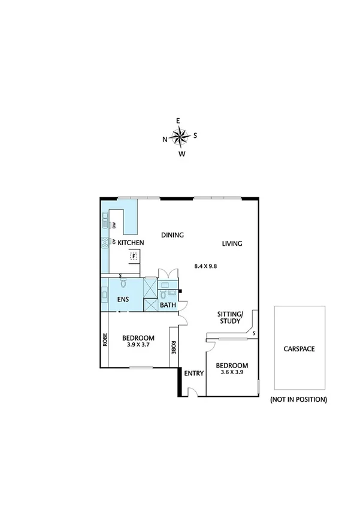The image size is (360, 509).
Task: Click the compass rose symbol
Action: click(180, 137)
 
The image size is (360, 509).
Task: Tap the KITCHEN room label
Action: click(131, 243)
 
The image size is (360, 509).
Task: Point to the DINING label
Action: click(173, 235)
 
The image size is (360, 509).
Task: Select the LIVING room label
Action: click(232, 243)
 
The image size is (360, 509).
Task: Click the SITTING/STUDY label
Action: click(230, 318)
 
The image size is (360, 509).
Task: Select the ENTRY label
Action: click(194, 374)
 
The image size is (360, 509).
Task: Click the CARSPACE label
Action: click(300, 348)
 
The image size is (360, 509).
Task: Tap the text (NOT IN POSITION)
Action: click(299, 399)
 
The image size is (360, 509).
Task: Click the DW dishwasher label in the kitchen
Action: click(113, 225)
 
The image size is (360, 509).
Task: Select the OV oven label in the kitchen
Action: click(113, 242)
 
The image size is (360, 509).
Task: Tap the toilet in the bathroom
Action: click(162, 296)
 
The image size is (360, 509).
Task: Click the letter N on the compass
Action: click(165, 140)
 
